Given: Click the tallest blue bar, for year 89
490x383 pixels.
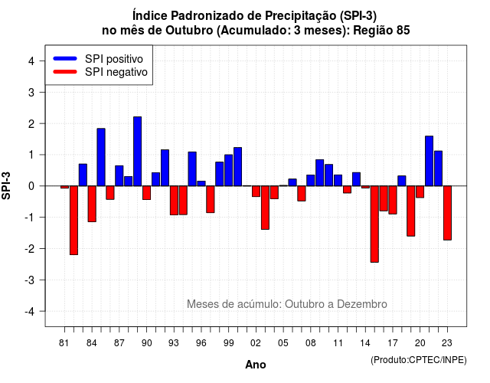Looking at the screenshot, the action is pyautogui.click(x=138, y=152).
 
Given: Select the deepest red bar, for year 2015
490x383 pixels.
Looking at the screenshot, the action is pyautogui.click(x=374, y=224).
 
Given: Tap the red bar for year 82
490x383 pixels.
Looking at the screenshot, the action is pyautogui.click(x=73, y=221).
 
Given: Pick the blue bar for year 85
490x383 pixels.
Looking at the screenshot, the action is pyautogui.click(x=101, y=157).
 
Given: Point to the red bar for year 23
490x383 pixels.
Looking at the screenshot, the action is pyautogui.click(x=447, y=213).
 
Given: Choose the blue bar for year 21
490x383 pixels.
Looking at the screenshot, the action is pyautogui.click(x=429, y=161).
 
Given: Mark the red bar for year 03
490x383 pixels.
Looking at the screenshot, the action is pyautogui.click(x=265, y=208).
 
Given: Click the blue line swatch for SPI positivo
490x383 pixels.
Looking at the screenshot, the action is pyautogui.click(x=65, y=58).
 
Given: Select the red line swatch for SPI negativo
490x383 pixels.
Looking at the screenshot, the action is pyautogui.click(x=65, y=71).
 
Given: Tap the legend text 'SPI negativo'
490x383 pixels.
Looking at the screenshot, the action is pyautogui.click(x=116, y=72).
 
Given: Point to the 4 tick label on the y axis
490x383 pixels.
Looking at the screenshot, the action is pyautogui.click(x=31, y=61).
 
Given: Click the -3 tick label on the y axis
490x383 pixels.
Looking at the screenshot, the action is pyautogui.click(x=30, y=280).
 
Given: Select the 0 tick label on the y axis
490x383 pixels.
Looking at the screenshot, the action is pyautogui.click(x=31, y=186).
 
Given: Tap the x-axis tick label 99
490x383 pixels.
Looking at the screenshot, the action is pyautogui.click(x=229, y=343).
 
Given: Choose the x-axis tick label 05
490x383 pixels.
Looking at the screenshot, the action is pyautogui.click(x=283, y=343).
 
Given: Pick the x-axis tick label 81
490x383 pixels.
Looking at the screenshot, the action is pyautogui.click(x=64, y=343).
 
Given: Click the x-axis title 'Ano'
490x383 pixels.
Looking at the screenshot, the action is pyautogui.click(x=256, y=365).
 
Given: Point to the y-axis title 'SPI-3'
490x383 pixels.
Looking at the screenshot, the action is pyautogui.click(x=6, y=185).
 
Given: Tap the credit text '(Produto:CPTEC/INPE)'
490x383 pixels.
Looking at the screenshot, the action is pyautogui.click(x=419, y=360).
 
